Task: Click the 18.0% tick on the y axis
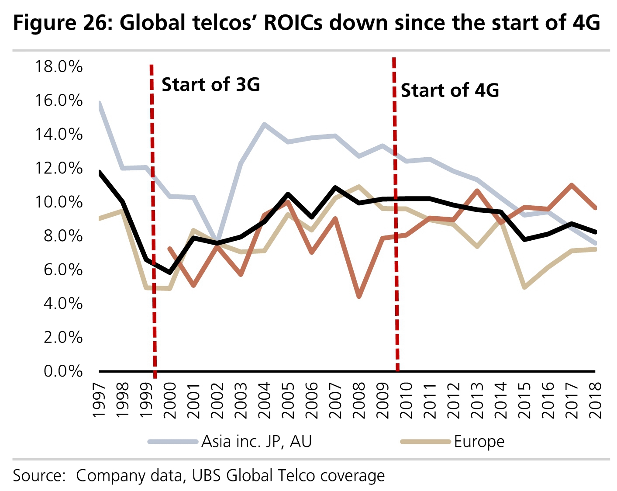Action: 59,67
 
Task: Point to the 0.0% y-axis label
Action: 63,371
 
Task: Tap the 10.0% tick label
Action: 59,202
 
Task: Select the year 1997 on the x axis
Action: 100,401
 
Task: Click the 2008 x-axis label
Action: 359,401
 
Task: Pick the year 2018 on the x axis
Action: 595,401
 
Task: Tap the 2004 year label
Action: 265,401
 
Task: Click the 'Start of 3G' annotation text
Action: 210,85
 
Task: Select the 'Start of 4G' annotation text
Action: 450,90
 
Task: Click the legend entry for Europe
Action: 479,442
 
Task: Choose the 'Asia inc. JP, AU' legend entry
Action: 256,442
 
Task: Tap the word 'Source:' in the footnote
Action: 39,476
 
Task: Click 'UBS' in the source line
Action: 207,476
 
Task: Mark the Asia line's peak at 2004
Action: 264,124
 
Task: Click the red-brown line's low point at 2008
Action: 359,297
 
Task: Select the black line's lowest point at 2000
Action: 170,273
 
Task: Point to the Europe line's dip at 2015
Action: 524,287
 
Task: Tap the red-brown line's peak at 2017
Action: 572,185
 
